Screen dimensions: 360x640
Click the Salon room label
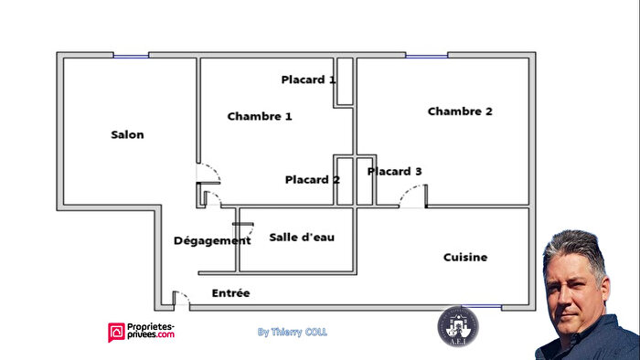[127, 135]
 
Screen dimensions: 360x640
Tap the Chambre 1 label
[260, 116]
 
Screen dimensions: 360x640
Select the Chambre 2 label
[460, 111]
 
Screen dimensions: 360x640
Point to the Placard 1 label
[308, 79]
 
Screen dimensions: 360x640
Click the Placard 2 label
[312, 179]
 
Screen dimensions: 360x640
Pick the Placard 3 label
[395, 171]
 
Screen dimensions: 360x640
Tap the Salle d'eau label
[302, 238]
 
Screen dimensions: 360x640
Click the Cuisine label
[465, 258]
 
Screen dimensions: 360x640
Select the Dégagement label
[212, 240]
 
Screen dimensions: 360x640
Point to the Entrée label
[230, 293]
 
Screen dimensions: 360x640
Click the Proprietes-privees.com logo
[141, 332]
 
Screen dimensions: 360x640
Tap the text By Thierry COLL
[292, 333]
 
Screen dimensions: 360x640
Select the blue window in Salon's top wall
[131, 56]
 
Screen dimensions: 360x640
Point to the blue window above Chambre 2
[426, 56]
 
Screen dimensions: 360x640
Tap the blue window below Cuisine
[482, 307]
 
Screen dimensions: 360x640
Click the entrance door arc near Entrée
[182, 298]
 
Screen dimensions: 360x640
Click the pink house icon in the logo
[116, 332]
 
